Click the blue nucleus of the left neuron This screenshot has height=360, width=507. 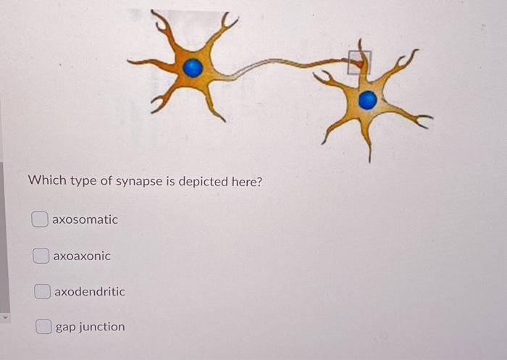point(193,67)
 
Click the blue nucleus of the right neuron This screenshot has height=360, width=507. point(367,100)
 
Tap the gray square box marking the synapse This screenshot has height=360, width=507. point(359,62)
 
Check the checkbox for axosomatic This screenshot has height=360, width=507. point(41,219)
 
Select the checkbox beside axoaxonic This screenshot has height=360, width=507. point(42,256)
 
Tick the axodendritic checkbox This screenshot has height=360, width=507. point(43,291)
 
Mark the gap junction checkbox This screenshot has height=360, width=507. point(45,327)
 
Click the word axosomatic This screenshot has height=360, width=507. point(85,219)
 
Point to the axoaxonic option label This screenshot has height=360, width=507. point(83,256)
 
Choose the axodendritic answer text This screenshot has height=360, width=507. point(90,291)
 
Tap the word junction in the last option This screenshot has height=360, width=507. point(101,327)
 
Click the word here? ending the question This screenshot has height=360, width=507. point(246,180)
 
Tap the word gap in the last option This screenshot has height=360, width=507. point(65,327)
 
